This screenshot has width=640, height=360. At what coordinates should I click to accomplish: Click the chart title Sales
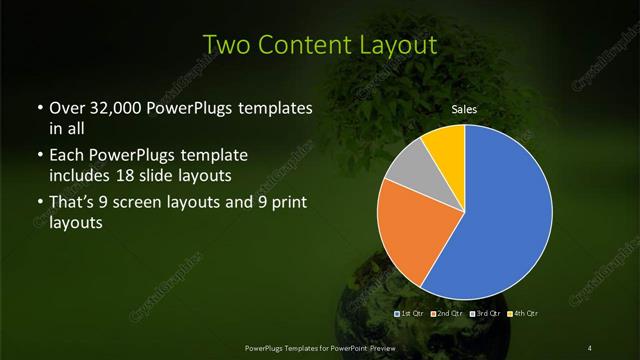pos(463,108)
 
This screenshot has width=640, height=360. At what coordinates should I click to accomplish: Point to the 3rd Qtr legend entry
pos(488,314)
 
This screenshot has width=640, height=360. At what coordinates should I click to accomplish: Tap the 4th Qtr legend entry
pos(525,314)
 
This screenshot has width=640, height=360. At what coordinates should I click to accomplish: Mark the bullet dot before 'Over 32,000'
pos(39,108)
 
